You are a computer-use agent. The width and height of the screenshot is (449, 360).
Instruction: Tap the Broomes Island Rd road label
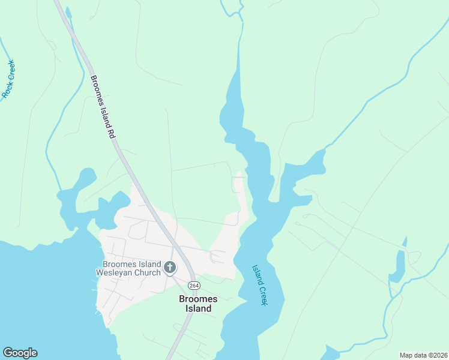102,107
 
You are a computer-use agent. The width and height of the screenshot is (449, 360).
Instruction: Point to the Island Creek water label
259,286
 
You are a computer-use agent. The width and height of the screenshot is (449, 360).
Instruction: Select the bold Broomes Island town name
195,304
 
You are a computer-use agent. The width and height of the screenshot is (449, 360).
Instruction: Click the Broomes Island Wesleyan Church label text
131,268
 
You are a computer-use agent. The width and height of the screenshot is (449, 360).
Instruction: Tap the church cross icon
170,268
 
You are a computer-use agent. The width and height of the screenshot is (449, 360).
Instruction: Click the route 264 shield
194,285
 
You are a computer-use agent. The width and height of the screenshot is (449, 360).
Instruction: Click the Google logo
20,353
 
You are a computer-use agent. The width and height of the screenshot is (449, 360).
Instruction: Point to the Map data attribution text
424,355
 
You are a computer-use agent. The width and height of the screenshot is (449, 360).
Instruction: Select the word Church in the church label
149,272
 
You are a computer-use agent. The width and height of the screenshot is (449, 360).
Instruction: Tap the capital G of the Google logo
8,353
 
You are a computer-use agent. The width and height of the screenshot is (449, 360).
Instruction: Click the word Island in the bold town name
196,308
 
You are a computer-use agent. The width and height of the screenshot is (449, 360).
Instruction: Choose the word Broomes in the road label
97,92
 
